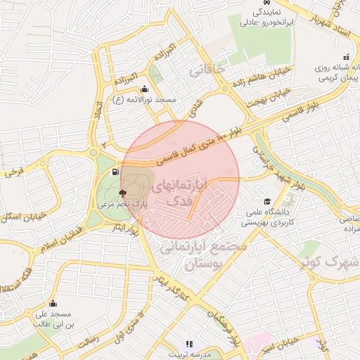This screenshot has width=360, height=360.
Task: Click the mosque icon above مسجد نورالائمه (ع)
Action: pyautogui.click(x=145, y=89)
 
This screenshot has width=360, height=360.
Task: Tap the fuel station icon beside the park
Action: pyautogui.click(x=115, y=172)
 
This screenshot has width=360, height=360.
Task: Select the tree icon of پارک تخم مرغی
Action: pyautogui.click(x=123, y=192)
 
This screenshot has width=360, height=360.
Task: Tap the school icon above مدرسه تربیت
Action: pyautogui.click(x=188, y=345)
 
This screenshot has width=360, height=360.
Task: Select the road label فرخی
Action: pyautogui.click(x=15, y=171)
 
